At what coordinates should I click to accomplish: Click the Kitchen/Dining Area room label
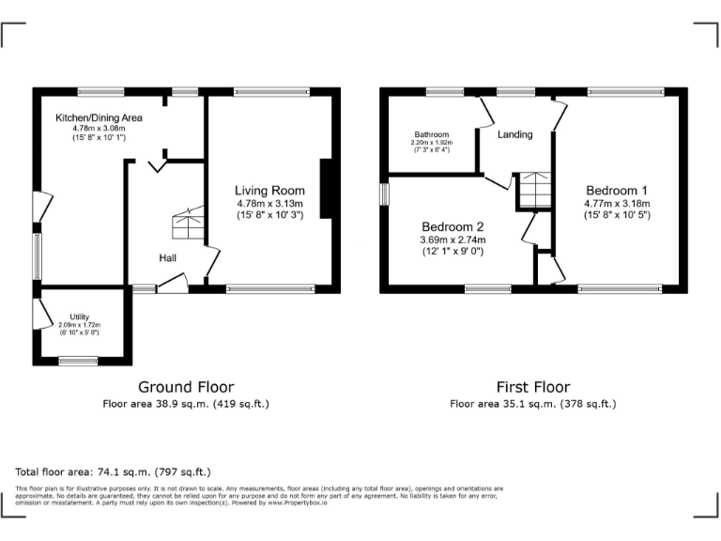99,117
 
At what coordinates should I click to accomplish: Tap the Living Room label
269,191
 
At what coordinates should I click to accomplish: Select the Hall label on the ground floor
168,258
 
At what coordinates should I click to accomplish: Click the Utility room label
79,317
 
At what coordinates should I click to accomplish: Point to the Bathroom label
432,134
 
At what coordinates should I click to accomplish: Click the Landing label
514,134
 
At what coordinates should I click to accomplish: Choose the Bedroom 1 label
617,187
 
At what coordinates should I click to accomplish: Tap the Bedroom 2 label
453,226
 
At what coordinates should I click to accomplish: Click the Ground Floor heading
186,387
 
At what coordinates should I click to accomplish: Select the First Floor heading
532,387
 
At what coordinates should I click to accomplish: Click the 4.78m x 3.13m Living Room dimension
269,204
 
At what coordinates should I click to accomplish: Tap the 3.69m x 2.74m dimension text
453,240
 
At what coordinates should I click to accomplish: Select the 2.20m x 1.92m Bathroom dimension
432,142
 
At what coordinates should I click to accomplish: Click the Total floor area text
114,471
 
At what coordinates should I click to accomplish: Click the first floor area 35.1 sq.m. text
532,404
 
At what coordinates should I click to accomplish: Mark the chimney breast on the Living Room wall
326,191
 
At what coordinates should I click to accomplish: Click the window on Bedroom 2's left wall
384,193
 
